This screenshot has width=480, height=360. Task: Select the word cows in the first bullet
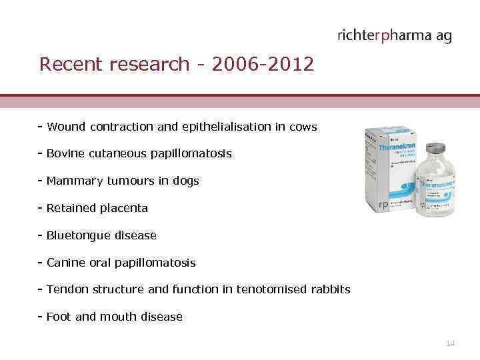tap(304, 127)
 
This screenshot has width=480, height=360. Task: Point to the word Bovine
tap(65, 153)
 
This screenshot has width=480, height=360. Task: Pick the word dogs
tap(185, 181)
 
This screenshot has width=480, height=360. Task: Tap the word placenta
tap(123, 208)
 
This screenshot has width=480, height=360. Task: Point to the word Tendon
tap(65, 289)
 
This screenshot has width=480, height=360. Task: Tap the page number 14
tap(450, 343)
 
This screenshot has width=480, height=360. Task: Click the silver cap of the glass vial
tap(436, 148)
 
